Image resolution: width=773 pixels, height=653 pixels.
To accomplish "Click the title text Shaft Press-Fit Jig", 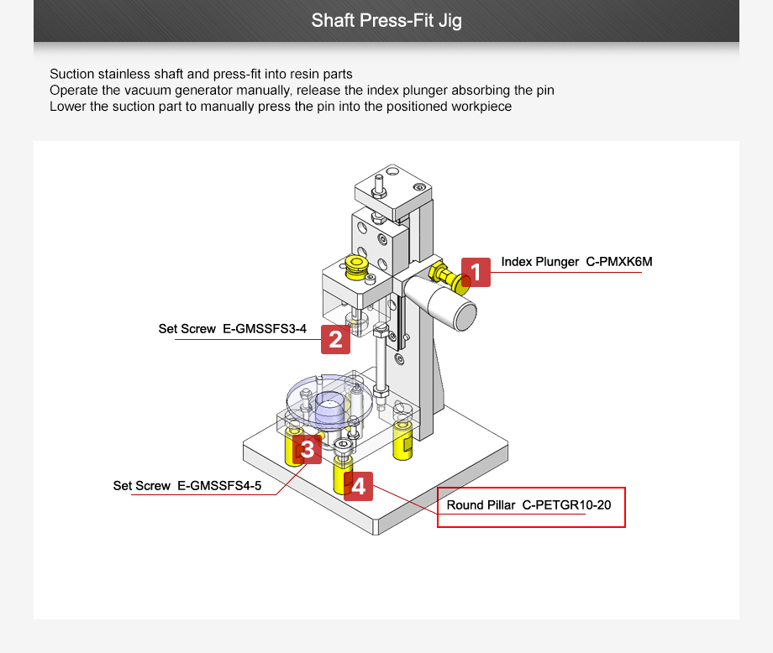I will pyautogui.click(x=386, y=20).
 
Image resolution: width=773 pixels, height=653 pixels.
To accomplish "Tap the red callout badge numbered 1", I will pyautogui.click(x=476, y=273).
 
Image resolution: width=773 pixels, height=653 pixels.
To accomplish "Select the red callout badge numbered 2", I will pyautogui.click(x=335, y=339).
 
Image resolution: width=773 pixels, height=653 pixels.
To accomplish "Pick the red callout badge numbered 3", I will pyautogui.click(x=308, y=450).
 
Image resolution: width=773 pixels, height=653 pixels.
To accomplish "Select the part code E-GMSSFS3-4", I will pyautogui.click(x=265, y=329).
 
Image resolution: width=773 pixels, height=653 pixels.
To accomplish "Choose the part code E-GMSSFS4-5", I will pyautogui.click(x=225, y=486).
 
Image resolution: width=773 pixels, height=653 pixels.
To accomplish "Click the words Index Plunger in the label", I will pyautogui.click(x=539, y=262).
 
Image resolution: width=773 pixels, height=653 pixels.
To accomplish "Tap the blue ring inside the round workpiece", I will pyautogui.click(x=330, y=405).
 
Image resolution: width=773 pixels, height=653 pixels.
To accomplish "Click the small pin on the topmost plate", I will pyautogui.click(x=380, y=181).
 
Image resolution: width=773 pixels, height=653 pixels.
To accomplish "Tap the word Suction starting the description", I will pyautogui.click(x=71, y=74).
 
